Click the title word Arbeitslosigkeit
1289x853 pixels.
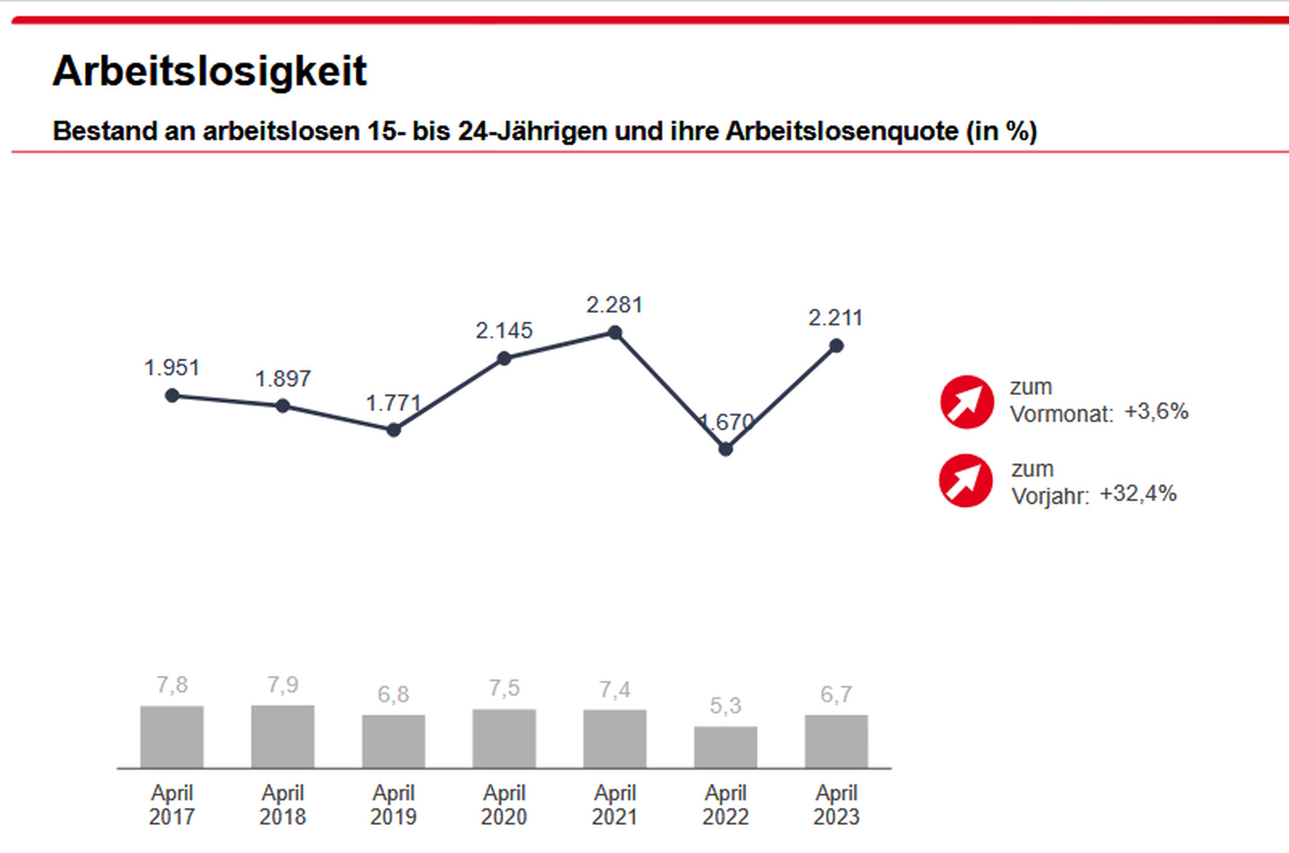tap(210, 72)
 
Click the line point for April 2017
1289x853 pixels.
tap(172, 396)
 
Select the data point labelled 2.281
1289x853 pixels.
tap(615, 333)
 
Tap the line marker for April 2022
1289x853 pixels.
tap(725, 449)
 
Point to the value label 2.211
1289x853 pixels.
tap(835, 318)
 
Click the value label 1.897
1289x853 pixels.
tap(282, 379)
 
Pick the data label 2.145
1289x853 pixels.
tap(504, 331)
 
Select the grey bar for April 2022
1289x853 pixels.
tap(725, 747)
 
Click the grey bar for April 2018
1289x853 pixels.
tap(282, 737)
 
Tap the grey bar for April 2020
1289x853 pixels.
tap(504, 739)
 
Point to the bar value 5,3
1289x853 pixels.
tap(725, 706)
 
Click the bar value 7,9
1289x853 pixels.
tap(282, 685)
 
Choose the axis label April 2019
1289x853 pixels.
tap(394, 805)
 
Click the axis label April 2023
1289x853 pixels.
tap(836, 805)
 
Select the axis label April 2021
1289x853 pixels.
tap(615, 805)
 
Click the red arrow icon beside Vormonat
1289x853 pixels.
tap(966, 402)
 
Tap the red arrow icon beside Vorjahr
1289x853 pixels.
tap(965, 481)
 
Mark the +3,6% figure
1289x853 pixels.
tap(1156, 412)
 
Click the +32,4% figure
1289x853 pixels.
tap(1138, 493)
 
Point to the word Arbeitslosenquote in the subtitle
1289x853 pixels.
tap(842, 131)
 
